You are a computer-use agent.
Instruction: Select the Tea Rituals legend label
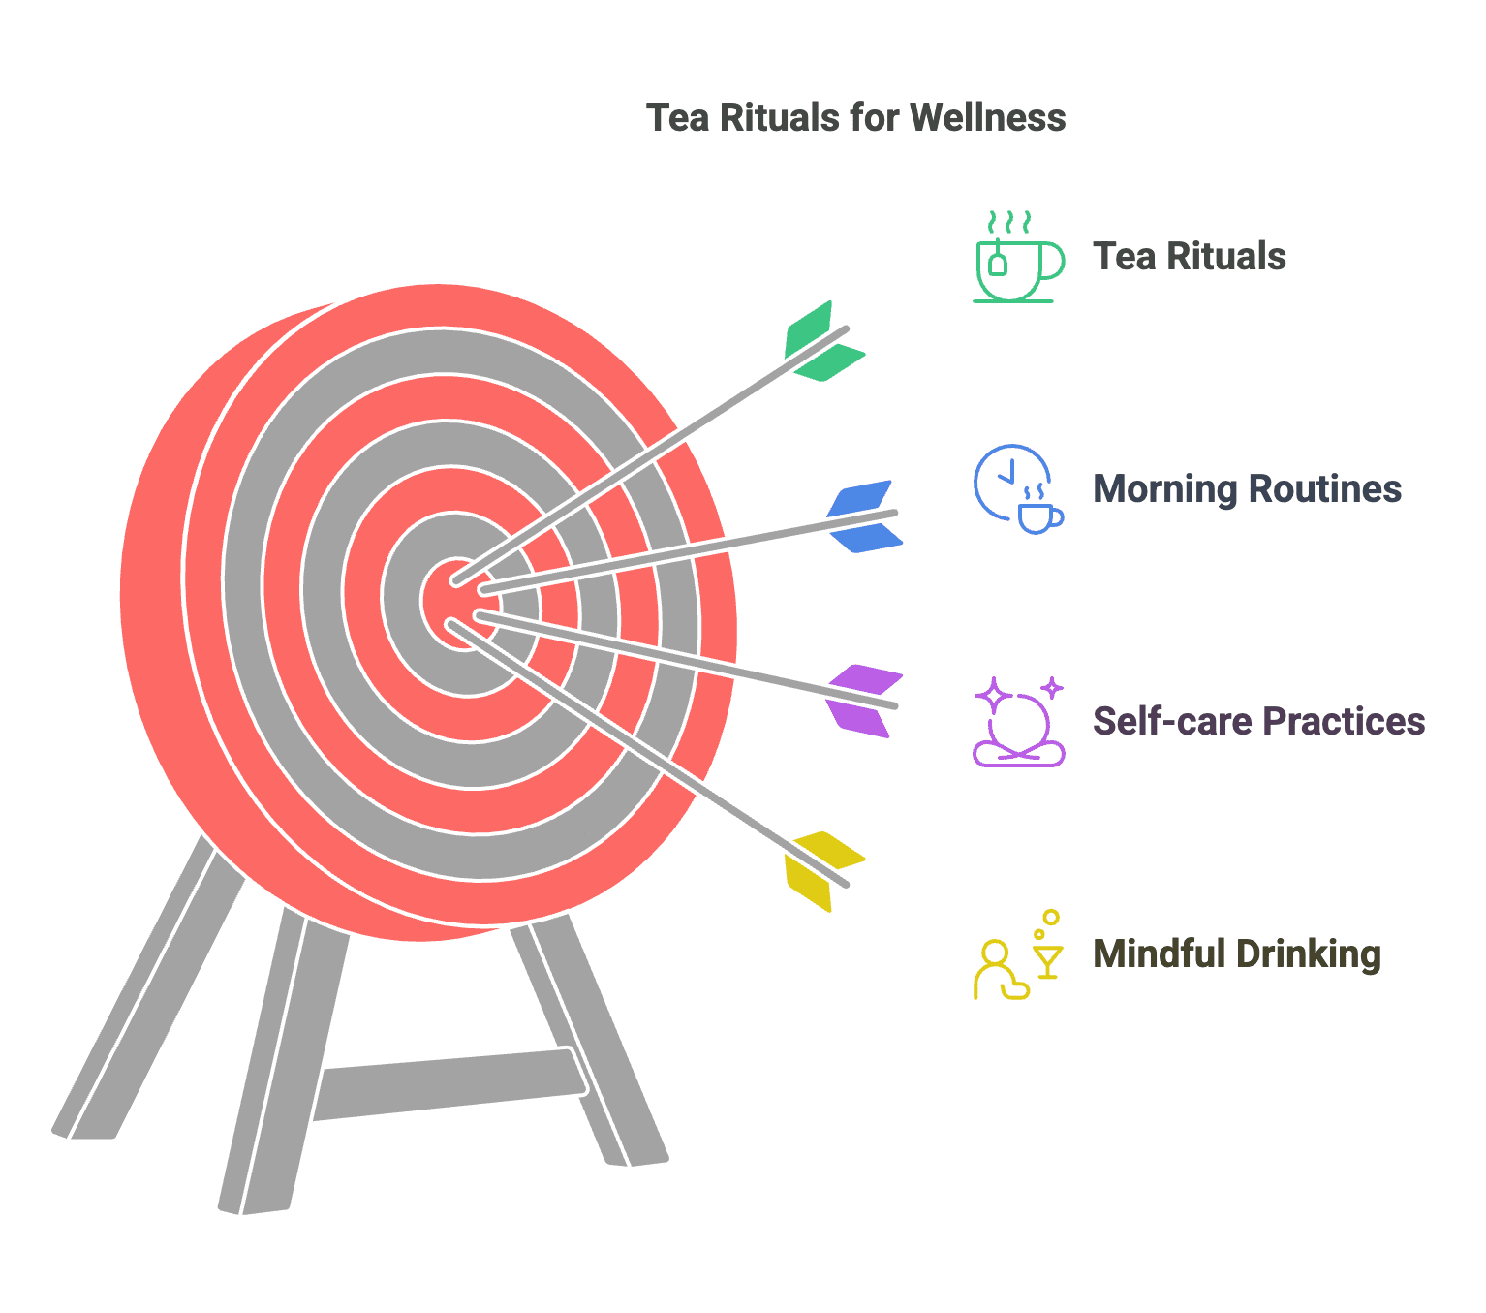(1189, 257)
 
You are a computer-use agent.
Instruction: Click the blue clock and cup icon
(1017, 488)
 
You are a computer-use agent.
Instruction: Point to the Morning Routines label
(1246, 489)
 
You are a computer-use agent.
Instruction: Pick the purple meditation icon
(1018, 722)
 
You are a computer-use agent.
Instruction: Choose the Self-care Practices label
(1257, 722)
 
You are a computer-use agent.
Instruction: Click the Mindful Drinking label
(1236, 954)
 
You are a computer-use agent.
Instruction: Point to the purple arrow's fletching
(862, 701)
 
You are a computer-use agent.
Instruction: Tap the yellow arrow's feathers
(820, 870)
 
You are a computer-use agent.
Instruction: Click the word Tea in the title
(674, 118)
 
